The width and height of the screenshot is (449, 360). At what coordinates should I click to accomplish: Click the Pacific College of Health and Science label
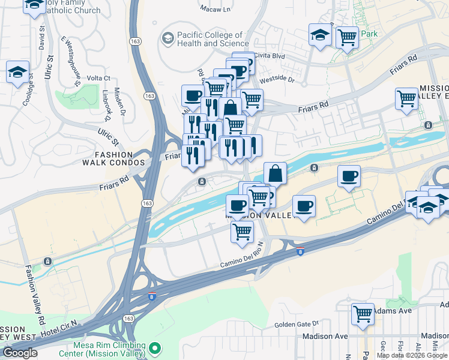point(210,39)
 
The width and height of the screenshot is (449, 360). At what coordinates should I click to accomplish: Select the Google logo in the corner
point(20,353)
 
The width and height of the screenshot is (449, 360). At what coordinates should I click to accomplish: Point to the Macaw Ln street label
point(218,10)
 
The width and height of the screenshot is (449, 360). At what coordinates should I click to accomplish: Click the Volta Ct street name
point(98,78)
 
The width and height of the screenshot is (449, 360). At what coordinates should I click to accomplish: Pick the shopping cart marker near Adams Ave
point(363,314)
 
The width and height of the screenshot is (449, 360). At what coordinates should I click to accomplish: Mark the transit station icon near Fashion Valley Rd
point(47,262)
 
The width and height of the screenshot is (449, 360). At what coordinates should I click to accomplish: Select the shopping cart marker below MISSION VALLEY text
point(242,231)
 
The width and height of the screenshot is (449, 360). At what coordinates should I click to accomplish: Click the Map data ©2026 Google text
point(412,355)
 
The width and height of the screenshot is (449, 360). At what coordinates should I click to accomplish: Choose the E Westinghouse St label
point(71,61)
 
